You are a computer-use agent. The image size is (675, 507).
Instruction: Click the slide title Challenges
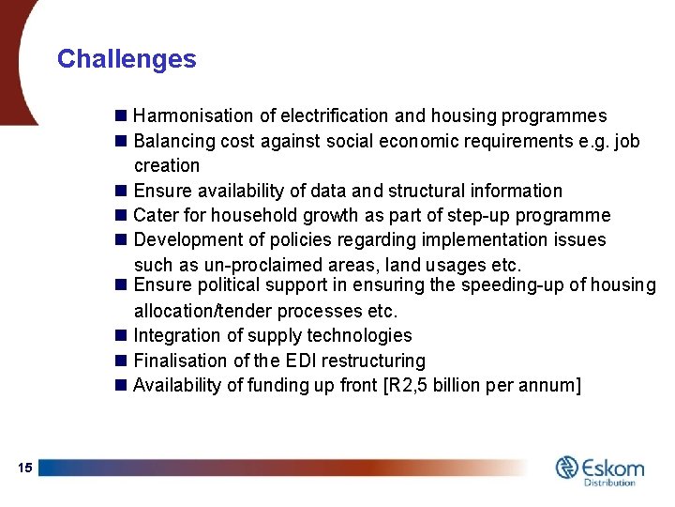point(127,59)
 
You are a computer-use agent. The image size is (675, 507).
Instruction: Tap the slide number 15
point(24,468)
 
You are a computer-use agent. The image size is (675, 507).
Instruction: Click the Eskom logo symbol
point(567,467)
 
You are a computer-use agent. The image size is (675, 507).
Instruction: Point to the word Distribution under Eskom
point(610,483)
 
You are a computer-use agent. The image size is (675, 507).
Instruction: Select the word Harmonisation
point(193,116)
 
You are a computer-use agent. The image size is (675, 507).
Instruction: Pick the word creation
point(167,166)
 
